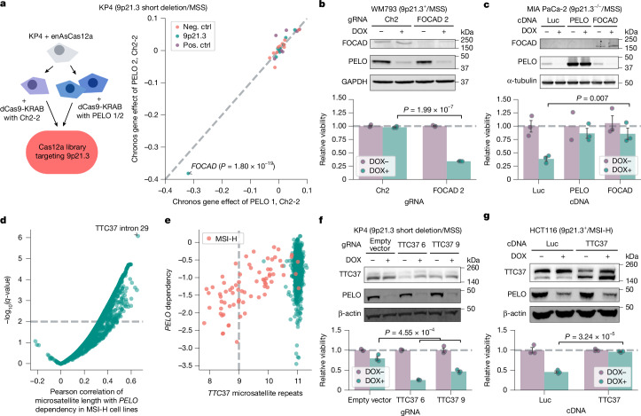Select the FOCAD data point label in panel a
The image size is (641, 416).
(x=233, y=166)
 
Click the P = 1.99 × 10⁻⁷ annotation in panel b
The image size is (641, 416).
(x=428, y=109)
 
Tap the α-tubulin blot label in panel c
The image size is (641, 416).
(x=521, y=81)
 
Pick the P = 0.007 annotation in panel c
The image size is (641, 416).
(x=592, y=98)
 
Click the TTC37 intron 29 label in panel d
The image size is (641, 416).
(x=121, y=228)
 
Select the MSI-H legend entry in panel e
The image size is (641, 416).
(x=223, y=239)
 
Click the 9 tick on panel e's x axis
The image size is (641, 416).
(x=239, y=381)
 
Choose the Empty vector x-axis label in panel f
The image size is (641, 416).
(x=369, y=400)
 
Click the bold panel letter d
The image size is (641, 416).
(x=4, y=221)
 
